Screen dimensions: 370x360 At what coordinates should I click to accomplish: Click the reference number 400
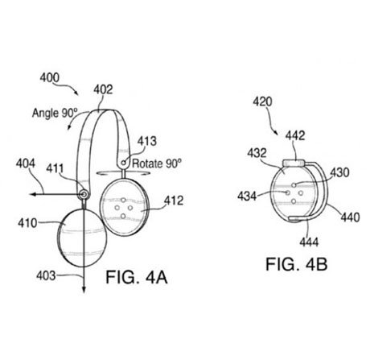[x=50, y=78]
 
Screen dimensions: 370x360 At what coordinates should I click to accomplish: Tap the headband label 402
[x=103, y=89]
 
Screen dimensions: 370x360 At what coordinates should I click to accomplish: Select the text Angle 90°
[x=55, y=113]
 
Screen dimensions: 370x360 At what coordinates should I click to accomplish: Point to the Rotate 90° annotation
[x=157, y=163]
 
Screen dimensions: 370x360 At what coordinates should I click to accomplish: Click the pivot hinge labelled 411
[x=84, y=194]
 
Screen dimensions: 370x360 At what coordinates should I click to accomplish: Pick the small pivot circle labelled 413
[x=123, y=163]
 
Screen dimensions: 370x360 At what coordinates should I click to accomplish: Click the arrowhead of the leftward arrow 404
[x=32, y=194]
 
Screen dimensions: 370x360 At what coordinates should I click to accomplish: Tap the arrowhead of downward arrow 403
[x=84, y=289]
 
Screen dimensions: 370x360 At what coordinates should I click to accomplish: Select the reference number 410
[x=27, y=223]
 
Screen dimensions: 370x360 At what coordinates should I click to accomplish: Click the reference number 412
[x=174, y=201]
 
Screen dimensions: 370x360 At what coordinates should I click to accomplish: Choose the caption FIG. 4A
[x=137, y=277]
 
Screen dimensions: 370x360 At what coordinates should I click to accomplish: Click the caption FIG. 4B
[x=296, y=264]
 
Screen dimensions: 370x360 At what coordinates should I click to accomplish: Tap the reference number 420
[x=262, y=101]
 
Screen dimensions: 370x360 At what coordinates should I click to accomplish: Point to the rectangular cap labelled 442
[x=294, y=163]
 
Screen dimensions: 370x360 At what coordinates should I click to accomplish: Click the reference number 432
[x=257, y=153]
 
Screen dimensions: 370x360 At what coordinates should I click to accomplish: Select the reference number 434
[x=247, y=197]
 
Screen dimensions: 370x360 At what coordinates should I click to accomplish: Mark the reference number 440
[x=350, y=217]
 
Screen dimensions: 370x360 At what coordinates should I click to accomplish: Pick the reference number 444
[x=309, y=242]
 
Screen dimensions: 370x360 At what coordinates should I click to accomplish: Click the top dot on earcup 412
[x=123, y=200]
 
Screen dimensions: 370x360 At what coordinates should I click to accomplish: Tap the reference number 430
[x=339, y=172]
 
